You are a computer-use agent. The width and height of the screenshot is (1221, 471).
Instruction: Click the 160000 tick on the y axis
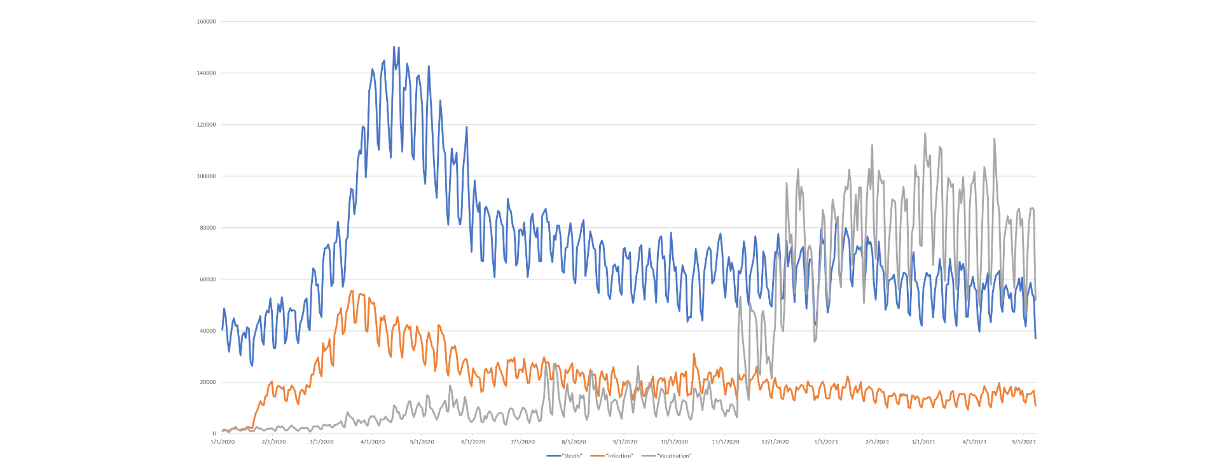point(207,22)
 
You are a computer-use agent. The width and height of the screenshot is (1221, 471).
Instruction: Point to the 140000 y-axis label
point(207,73)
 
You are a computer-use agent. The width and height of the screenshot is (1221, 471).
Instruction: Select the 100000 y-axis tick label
point(207,176)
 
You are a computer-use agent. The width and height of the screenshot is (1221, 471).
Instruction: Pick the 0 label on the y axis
point(214,434)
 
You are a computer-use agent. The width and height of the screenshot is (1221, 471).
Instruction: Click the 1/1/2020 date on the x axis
point(223,442)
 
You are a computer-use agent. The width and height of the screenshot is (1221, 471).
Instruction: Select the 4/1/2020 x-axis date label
point(373,442)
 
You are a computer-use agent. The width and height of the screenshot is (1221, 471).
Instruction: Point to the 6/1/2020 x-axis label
point(473,442)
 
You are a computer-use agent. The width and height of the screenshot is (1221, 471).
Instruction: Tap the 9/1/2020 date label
point(625,442)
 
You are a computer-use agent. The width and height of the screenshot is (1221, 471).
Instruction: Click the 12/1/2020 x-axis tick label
point(775,442)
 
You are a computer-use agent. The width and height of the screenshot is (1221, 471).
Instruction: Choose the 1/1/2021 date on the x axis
point(826,442)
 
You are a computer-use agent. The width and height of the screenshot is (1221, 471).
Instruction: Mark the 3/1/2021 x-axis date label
point(923,442)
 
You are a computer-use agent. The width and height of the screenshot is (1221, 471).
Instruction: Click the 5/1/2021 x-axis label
point(1024,442)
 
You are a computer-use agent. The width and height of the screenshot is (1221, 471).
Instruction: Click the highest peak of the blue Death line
point(394,47)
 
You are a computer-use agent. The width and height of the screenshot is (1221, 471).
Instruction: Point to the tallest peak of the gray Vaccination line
point(925,134)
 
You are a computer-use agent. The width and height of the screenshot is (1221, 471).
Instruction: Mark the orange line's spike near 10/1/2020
point(694,354)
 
